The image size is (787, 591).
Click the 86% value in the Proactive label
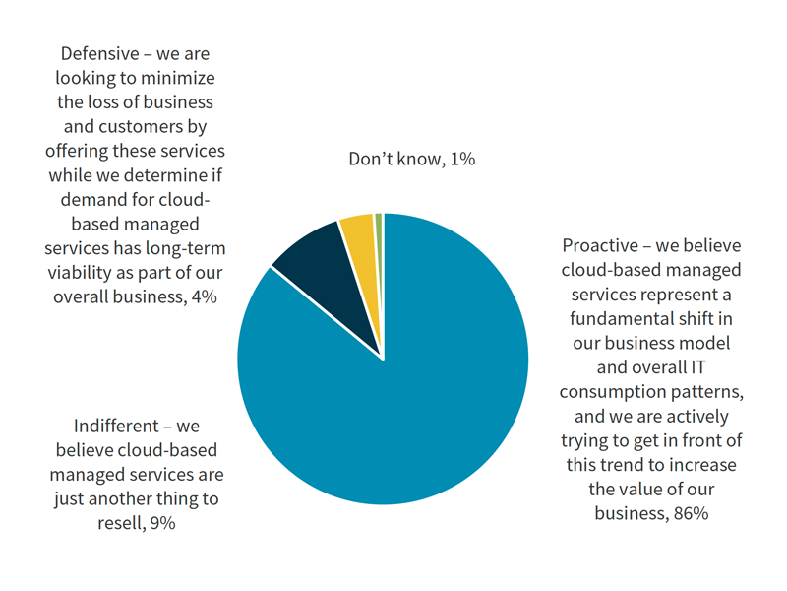(x=691, y=513)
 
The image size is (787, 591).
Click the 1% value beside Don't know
(x=462, y=159)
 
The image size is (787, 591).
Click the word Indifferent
(x=117, y=427)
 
